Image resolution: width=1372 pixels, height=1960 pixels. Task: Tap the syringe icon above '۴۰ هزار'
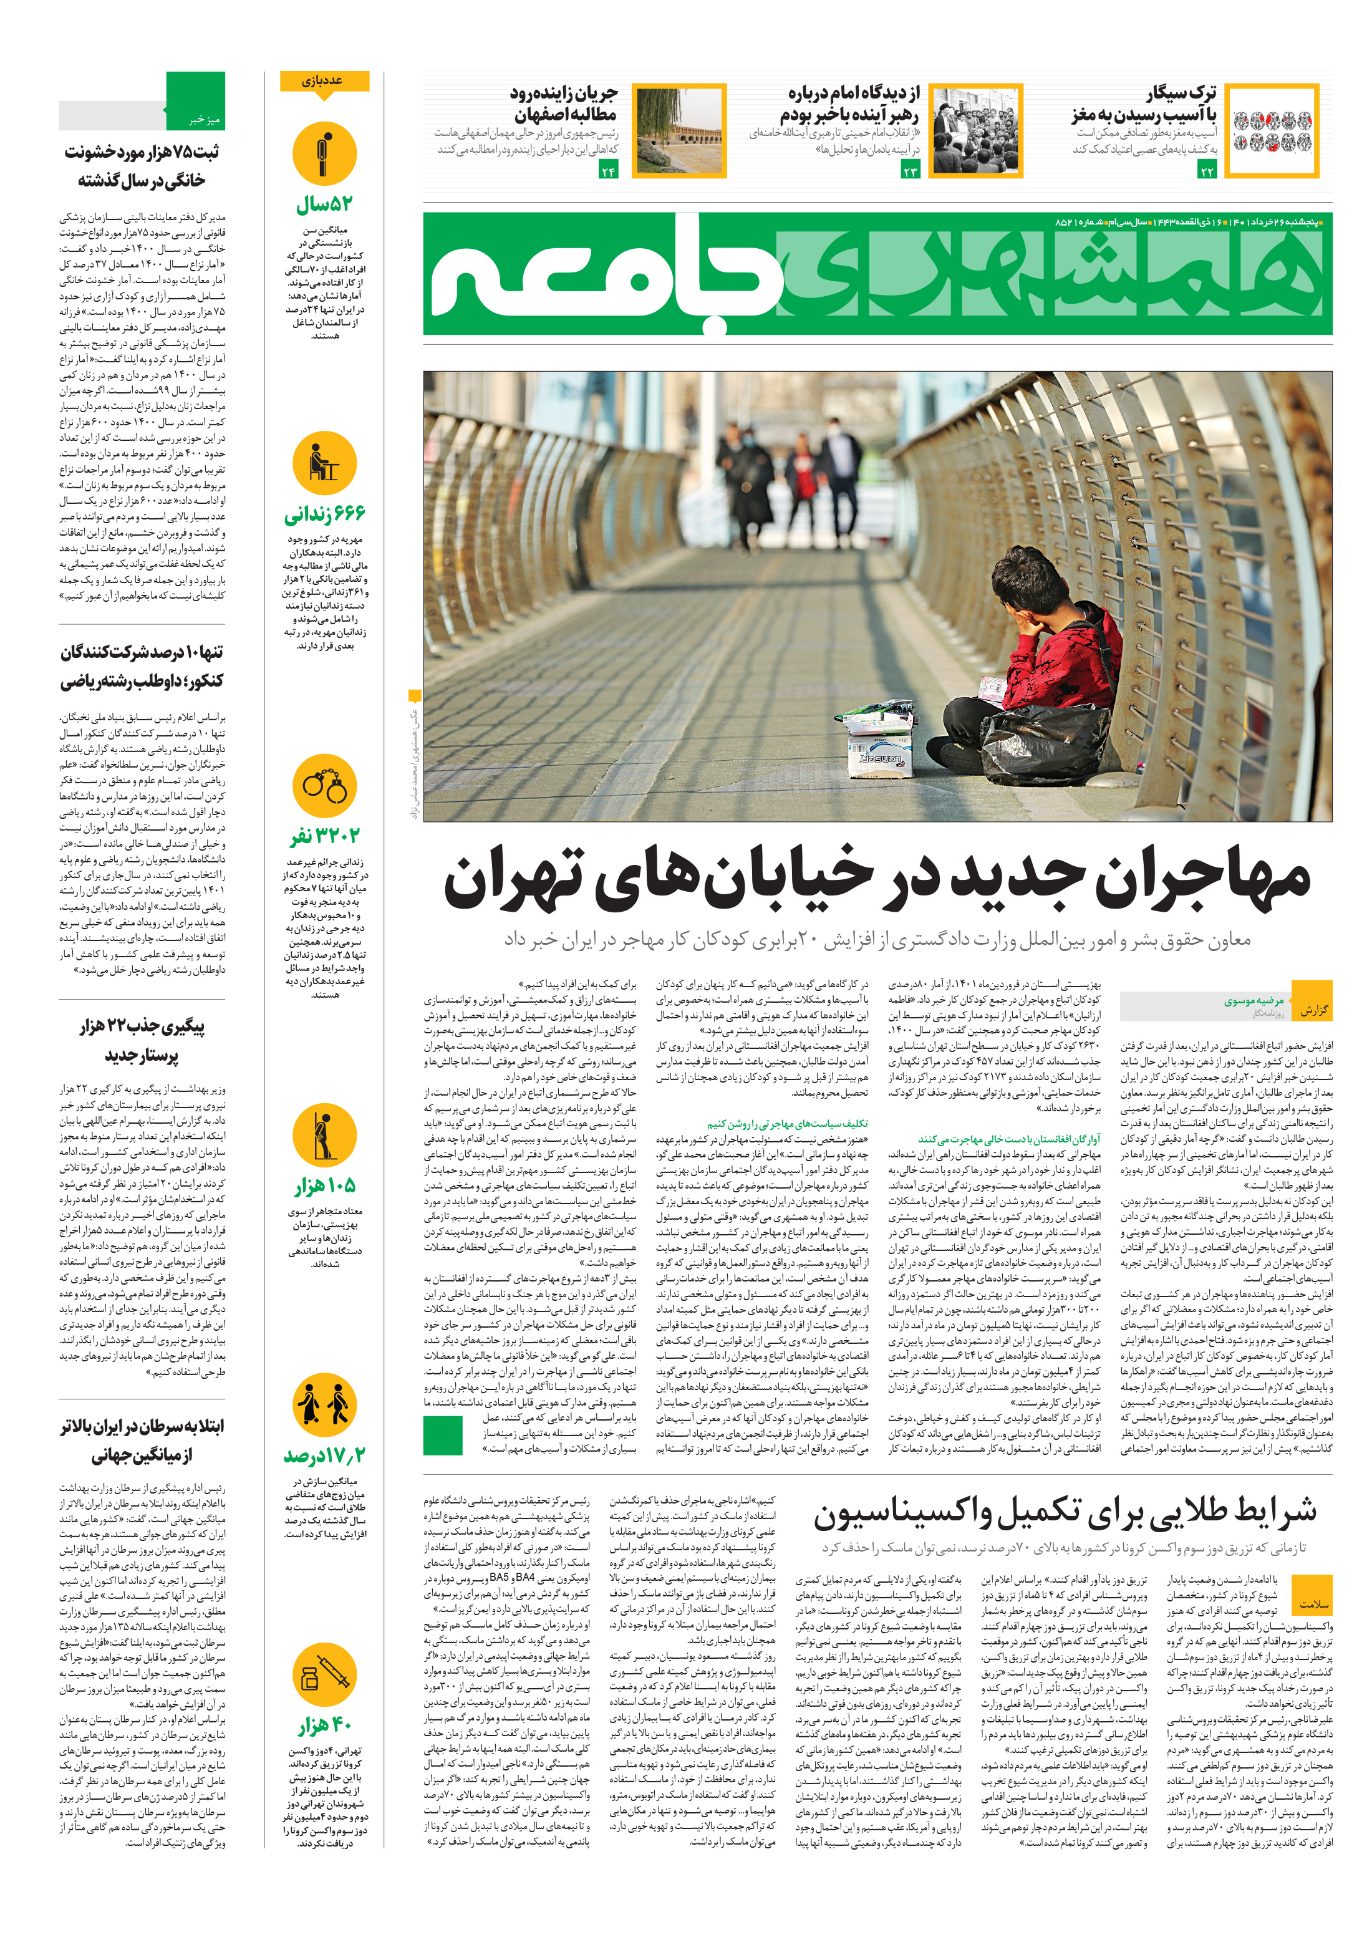[x=324, y=1674]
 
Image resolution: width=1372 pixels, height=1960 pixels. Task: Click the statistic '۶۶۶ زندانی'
[x=324, y=514]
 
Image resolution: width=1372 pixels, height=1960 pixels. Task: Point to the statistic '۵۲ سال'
[x=324, y=205]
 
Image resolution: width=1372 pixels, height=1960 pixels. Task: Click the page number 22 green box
[x=1206, y=171]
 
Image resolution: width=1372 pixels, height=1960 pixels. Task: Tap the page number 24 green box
[x=608, y=171]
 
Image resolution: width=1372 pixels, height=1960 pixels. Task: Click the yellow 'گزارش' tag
[x=1312, y=1010]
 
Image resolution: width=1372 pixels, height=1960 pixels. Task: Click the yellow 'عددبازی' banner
[x=324, y=82]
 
